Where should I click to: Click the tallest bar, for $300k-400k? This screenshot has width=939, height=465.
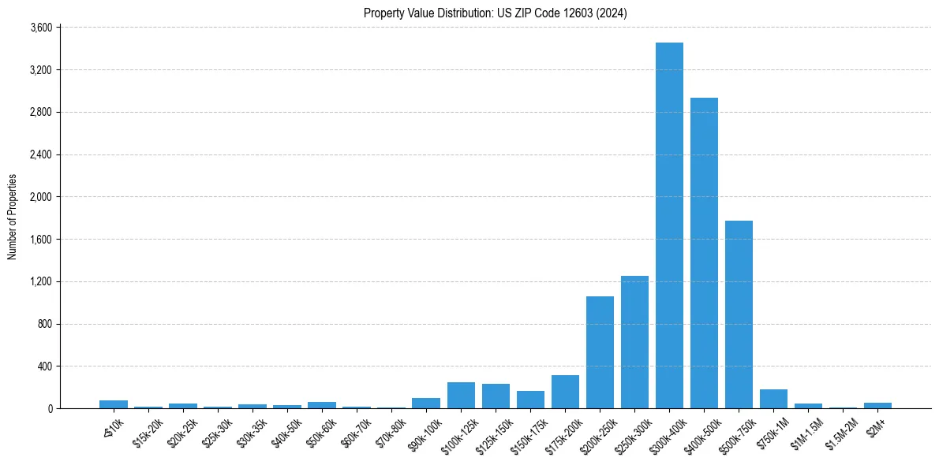pyautogui.click(x=669, y=225)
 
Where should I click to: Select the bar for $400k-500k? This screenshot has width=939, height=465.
pyautogui.click(x=704, y=253)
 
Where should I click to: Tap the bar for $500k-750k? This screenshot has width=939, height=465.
pyautogui.click(x=739, y=314)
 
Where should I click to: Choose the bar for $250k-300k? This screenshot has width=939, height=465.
pyautogui.click(x=634, y=342)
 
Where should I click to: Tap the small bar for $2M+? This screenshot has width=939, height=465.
pyautogui.click(x=877, y=405)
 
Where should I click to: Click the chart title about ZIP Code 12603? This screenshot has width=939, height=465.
pyautogui.click(x=496, y=13)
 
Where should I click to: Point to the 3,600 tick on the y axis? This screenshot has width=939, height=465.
pyautogui.click(x=40, y=28)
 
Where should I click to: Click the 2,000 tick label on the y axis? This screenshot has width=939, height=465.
pyautogui.click(x=40, y=197)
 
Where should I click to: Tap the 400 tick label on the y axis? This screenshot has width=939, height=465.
pyautogui.click(x=44, y=366)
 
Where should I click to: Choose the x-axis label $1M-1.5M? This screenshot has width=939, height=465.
pyautogui.click(x=805, y=432)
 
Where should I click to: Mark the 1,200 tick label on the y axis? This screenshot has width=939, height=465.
pyautogui.click(x=40, y=281)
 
